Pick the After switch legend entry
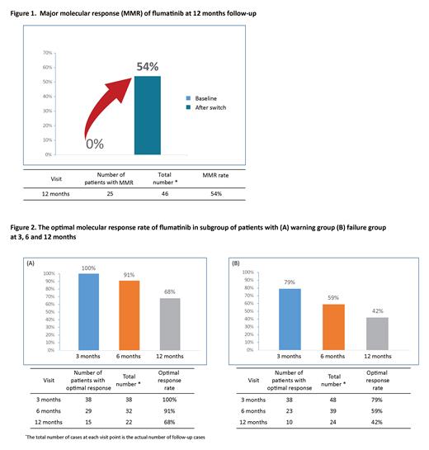[202, 108]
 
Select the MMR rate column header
[215, 177]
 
